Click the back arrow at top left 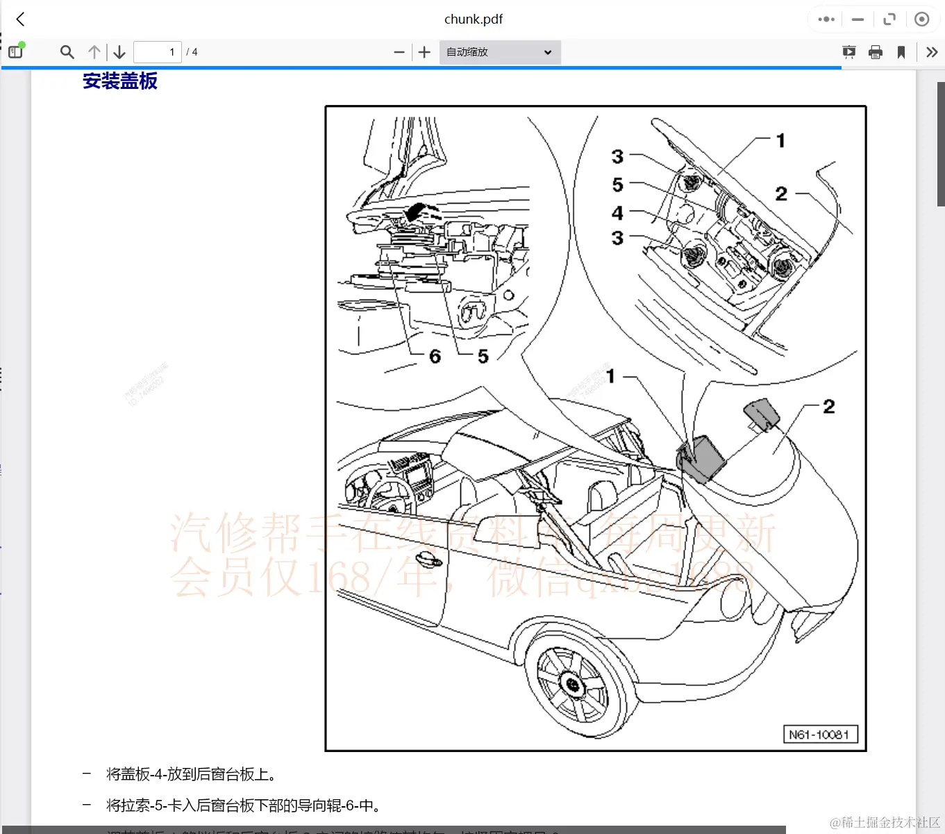tap(21, 19)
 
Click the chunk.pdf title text tap(473, 19)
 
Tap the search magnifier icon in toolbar tap(67, 52)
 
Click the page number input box tap(158, 52)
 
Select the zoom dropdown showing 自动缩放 tap(500, 52)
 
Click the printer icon tap(876, 52)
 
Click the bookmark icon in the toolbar tap(901, 52)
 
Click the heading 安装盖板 tap(120, 81)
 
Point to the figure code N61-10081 tap(819, 735)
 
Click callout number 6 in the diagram tap(435, 357)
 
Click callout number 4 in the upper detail tap(617, 213)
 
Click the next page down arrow tap(119, 52)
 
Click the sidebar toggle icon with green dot tap(15, 51)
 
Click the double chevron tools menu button tap(932, 52)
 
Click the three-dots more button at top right tap(826, 19)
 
